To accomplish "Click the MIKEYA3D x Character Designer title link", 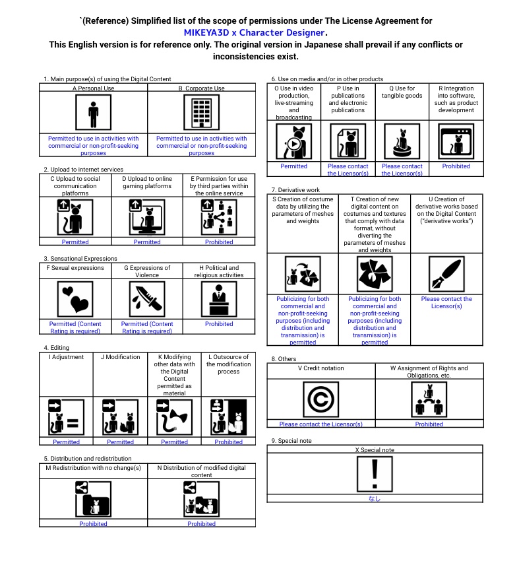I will pyautogui.click(x=255, y=32).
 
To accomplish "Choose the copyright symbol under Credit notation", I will pyautogui.click(x=320, y=399).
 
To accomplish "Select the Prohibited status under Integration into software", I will pyautogui.click(x=456, y=166).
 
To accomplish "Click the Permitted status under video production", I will pyautogui.click(x=293, y=166).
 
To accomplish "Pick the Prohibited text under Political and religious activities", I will pyautogui.click(x=219, y=324).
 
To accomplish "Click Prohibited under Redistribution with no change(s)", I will pyautogui.click(x=93, y=523).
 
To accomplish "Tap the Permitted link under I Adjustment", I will pyautogui.click(x=66, y=442).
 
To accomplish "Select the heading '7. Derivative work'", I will pyautogui.click(x=295, y=190).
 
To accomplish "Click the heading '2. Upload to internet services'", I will pyautogui.click(x=83, y=170).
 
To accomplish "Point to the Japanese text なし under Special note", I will pyautogui.click(x=375, y=498).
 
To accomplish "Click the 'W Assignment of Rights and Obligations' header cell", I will pyautogui.click(x=429, y=372).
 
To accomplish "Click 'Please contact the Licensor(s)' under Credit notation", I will pyautogui.click(x=320, y=424).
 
